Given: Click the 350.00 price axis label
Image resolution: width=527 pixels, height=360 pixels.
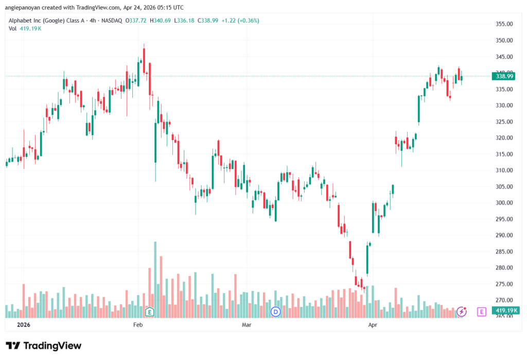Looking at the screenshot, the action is tap(504, 40).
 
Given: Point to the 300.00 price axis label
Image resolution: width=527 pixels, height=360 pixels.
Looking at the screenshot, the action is tap(504, 203).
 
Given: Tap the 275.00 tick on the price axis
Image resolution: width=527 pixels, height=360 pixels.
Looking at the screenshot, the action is tap(504, 284).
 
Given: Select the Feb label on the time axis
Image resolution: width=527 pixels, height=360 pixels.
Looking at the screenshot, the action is tap(138, 324).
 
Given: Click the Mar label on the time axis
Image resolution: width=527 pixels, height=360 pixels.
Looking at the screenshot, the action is tap(247, 324).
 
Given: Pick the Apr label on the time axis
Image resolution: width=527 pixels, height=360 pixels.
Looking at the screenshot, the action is tap(373, 324).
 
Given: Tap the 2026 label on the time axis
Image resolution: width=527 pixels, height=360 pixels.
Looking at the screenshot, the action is tap(24, 324).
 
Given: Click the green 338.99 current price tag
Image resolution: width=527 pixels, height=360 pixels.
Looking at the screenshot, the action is tap(504, 76).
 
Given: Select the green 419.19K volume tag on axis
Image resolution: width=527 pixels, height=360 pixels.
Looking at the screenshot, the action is tap(505, 310).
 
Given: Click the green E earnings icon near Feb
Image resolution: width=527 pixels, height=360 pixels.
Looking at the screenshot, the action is tap(150, 312).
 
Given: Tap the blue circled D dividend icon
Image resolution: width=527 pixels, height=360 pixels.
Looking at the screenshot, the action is tap(276, 312).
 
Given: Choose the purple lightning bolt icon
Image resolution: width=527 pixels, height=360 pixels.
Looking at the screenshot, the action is tap(462, 312).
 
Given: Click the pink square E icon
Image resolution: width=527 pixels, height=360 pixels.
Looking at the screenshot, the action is tap(481, 312).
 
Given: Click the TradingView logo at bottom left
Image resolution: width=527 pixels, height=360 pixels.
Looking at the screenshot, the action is tap(44, 346).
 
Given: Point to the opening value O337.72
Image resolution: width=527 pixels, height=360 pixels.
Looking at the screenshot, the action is tap(136, 21).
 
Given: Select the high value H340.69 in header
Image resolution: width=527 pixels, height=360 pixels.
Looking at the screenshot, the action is tap(160, 21).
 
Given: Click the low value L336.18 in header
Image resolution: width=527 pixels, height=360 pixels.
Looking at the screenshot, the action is tap(184, 21).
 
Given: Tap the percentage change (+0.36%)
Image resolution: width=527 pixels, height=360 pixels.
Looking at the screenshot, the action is tap(249, 21).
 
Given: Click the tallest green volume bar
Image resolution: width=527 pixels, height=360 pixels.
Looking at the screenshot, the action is tap(155, 280).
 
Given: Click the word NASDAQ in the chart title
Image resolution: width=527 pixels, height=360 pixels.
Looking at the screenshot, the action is tap(112, 21).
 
